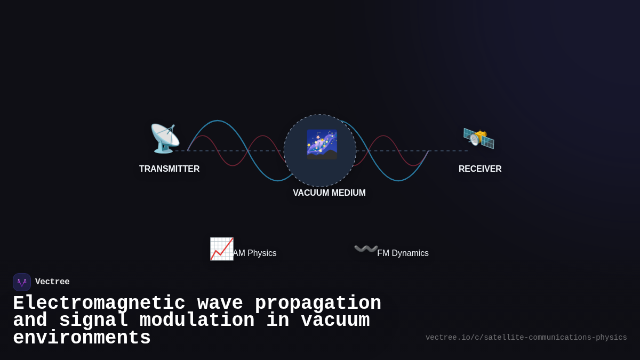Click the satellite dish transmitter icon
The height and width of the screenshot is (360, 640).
point(164,138)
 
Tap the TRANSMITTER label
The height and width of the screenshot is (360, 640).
point(169,169)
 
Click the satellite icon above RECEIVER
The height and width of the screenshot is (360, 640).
point(478,138)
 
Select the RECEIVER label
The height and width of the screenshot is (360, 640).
point(480,169)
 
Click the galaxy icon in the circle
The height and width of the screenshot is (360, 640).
point(321,145)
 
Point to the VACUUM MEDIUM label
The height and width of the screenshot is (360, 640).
point(329,193)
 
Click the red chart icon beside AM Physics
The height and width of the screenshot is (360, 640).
point(221,249)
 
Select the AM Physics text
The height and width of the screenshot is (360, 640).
point(254,253)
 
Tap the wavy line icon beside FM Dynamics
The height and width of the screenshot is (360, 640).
point(366,249)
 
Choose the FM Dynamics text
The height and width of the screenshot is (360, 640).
point(403,253)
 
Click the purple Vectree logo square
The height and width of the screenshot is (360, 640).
point(22,282)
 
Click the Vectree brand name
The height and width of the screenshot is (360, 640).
point(52,282)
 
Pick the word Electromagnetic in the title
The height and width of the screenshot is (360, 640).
point(99,303)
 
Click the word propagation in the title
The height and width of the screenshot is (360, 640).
point(318,303)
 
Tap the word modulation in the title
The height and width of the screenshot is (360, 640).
point(197,321)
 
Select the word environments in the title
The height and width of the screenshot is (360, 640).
point(82,338)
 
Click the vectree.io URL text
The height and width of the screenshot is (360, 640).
point(526,338)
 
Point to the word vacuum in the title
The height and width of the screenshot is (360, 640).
point(335,321)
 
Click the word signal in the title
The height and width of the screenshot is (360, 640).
point(93,321)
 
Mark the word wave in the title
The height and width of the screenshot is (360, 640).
point(220,303)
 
